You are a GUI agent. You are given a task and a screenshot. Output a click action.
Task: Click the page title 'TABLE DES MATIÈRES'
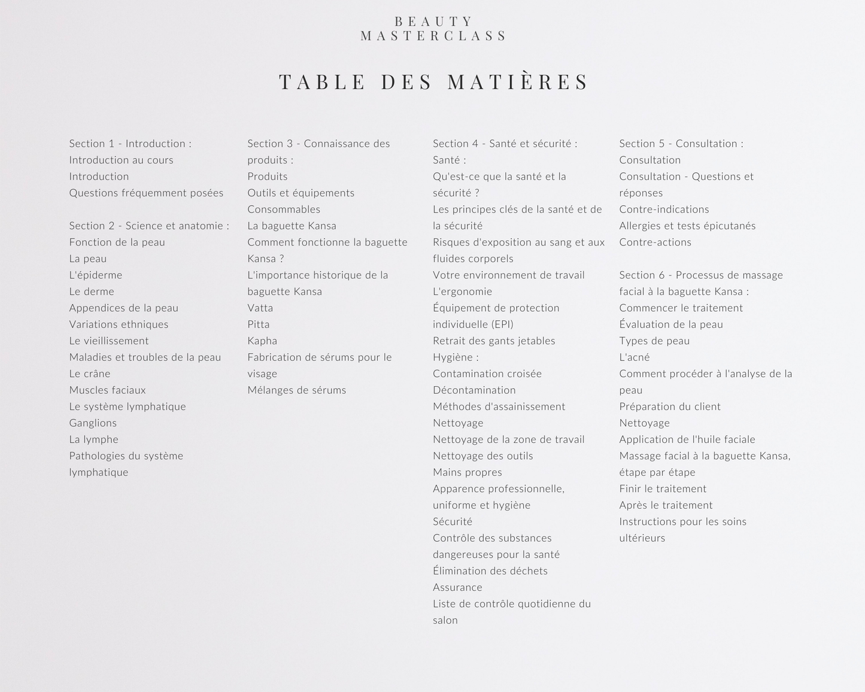[434, 82]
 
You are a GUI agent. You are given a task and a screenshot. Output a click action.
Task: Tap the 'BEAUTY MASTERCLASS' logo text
[434, 29]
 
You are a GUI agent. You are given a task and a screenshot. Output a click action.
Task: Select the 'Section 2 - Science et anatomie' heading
[149, 226]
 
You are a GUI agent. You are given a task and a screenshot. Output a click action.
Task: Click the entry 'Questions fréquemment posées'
[146, 193]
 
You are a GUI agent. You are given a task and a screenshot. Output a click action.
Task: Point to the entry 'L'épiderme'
[96, 275]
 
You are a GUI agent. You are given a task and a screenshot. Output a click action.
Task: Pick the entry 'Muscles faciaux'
[108, 390]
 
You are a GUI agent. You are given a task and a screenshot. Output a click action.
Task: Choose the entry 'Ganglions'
[93, 423]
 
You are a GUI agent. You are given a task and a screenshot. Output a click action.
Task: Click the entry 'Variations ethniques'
[119, 324]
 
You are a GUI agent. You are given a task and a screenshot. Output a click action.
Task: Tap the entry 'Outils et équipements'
[301, 193]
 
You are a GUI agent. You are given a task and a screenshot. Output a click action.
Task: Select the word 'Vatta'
[260, 308]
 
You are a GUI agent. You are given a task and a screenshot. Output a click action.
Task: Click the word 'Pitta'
[259, 324]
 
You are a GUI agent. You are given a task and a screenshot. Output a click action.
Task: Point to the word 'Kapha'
[262, 341]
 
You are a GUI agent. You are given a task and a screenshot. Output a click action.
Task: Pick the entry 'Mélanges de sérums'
[297, 390]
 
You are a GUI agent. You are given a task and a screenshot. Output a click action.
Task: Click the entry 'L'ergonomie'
[463, 292]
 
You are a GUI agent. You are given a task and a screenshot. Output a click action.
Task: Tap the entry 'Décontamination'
[474, 390]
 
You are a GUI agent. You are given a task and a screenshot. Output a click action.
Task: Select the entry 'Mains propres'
[468, 472]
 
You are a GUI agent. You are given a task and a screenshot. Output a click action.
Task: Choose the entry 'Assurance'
[457, 588]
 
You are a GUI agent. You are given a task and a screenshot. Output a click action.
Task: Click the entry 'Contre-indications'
[664, 210]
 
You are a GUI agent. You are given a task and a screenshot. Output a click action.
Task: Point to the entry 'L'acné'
[635, 357]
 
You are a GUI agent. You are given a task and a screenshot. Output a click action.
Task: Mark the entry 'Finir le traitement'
[663, 489]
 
